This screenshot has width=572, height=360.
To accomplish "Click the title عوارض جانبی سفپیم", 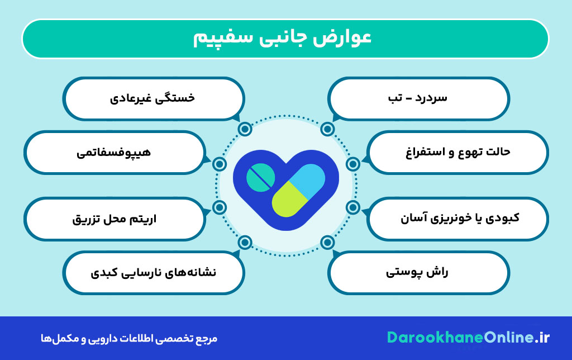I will click(x=285, y=39).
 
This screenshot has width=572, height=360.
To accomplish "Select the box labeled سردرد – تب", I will click(x=419, y=98).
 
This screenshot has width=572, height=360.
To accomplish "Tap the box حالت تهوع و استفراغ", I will click(x=458, y=152).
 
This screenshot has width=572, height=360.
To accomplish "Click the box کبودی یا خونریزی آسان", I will click(x=458, y=217).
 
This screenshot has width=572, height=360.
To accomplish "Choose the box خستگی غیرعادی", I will click(x=153, y=98).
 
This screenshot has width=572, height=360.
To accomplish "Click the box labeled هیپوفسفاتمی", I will click(x=114, y=152).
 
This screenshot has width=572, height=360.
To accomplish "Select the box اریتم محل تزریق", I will click(x=114, y=217).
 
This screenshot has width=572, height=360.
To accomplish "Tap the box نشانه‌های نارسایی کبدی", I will click(x=153, y=273).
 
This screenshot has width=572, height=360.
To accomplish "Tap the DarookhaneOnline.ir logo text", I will click(x=469, y=338).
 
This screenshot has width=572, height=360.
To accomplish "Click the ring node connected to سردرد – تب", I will click(x=328, y=130).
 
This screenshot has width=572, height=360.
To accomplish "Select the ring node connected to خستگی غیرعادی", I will click(x=245, y=130).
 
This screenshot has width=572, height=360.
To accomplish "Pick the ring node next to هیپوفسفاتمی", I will click(x=220, y=164).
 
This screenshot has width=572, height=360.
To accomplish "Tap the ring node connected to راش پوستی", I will click(x=328, y=242).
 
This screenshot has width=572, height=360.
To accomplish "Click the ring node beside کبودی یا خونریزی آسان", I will click(x=352, y=207).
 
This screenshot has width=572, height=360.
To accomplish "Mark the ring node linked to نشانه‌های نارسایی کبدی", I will click(x=245, y=242).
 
